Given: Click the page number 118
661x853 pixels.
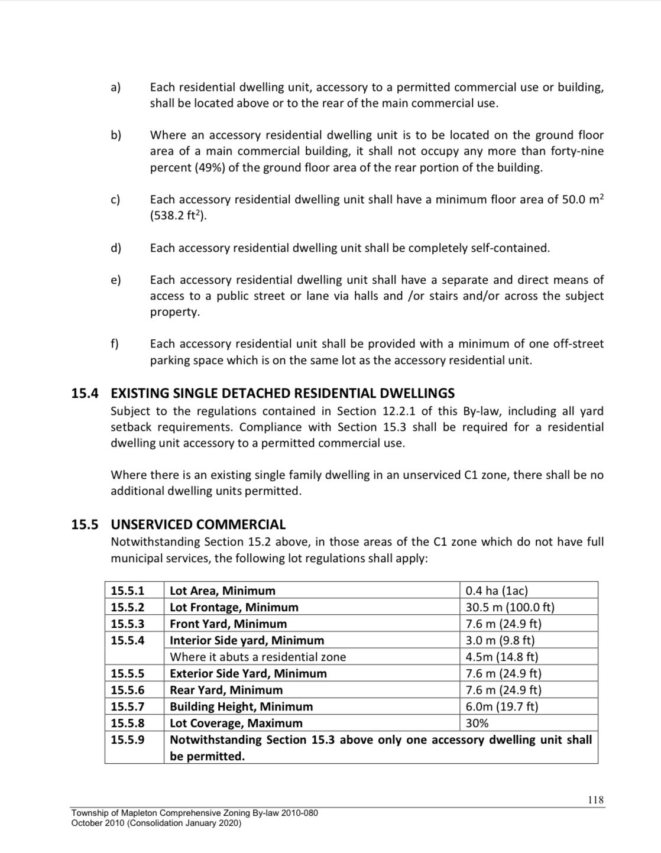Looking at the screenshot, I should tap(596, 800).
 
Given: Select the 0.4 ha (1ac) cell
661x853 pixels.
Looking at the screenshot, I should tap(497, 591).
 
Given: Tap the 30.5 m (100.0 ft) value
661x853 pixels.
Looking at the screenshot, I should tap(510, 607).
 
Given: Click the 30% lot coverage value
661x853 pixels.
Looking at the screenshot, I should tap(477, 723).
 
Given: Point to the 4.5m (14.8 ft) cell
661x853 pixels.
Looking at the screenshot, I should tap(502, 657).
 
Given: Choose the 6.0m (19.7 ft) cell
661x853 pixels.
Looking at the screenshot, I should tap(502, 706).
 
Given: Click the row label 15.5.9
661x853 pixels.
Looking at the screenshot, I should tap(128, 740).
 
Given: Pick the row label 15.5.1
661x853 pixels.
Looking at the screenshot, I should tap(128, 591).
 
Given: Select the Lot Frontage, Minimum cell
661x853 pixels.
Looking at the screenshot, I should tap(234, 607).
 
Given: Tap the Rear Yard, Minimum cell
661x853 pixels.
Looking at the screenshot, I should tap(226, 690).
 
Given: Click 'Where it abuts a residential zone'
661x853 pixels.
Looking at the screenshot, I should tap(258, 657).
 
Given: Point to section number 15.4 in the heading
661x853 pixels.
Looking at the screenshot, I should tap(85, 393).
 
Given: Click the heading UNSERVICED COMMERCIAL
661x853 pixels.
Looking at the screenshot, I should tap(198, 524).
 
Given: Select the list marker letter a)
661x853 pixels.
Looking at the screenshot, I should tap(115, 87).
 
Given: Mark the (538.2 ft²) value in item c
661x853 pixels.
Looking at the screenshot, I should tap(178, 216).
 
